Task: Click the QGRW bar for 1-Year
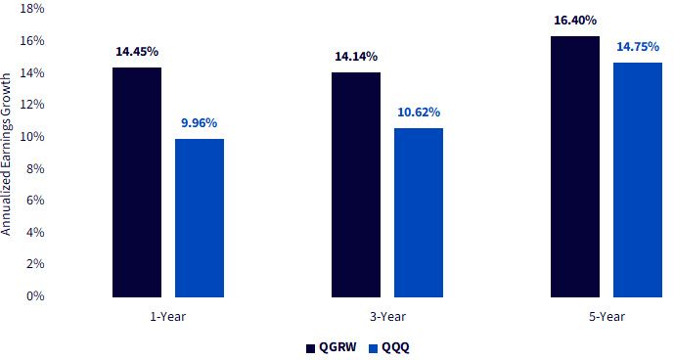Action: click(137, 182)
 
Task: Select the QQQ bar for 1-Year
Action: click(200, 218)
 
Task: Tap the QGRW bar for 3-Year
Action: click(356, 185)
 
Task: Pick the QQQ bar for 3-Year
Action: click(419, 213)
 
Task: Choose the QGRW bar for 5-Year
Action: click(575, 167)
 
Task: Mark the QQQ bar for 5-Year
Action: click(638, 180)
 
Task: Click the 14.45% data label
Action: click(137, 52)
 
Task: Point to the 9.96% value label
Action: click(199, 123)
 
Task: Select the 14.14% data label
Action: click(356, 57)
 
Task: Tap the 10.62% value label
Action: click(419, 112)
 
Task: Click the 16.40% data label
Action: click(575, 21)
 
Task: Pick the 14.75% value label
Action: click(638, 46)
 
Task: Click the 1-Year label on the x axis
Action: click(168, 317)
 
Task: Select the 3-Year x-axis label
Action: click(387, 317)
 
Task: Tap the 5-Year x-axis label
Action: click(607, 317)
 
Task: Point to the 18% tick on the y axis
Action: click(32, 9)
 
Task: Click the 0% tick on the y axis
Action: click(35, 295)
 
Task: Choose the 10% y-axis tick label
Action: click(32, 136)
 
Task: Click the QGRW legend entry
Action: click(332, 347)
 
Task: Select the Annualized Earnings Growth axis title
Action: click(6, 154)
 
